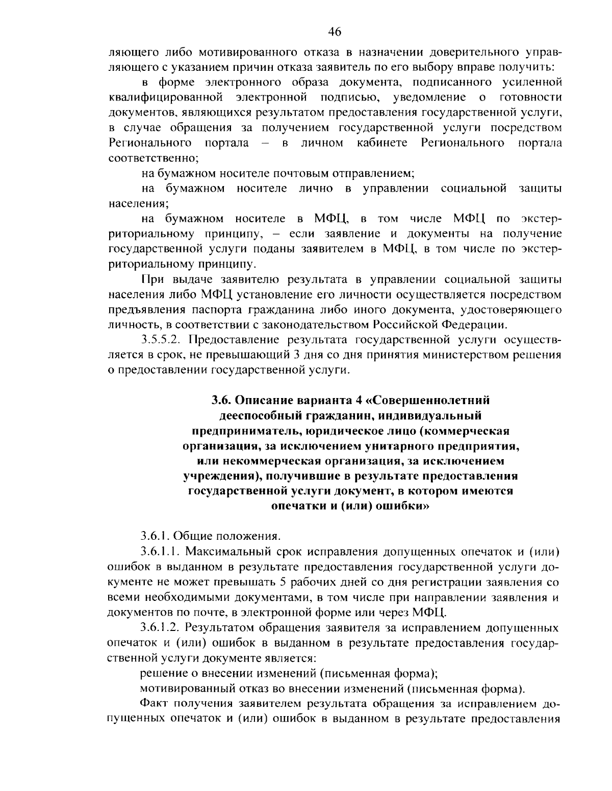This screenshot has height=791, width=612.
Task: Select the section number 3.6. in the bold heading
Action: pyautogui.click(x=222, y=400)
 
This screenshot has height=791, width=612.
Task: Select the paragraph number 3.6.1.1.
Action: pyautogui.click(x=160, y=551)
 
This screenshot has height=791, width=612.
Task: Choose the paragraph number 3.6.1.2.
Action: pyautogui.click(x=160, y=627)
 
